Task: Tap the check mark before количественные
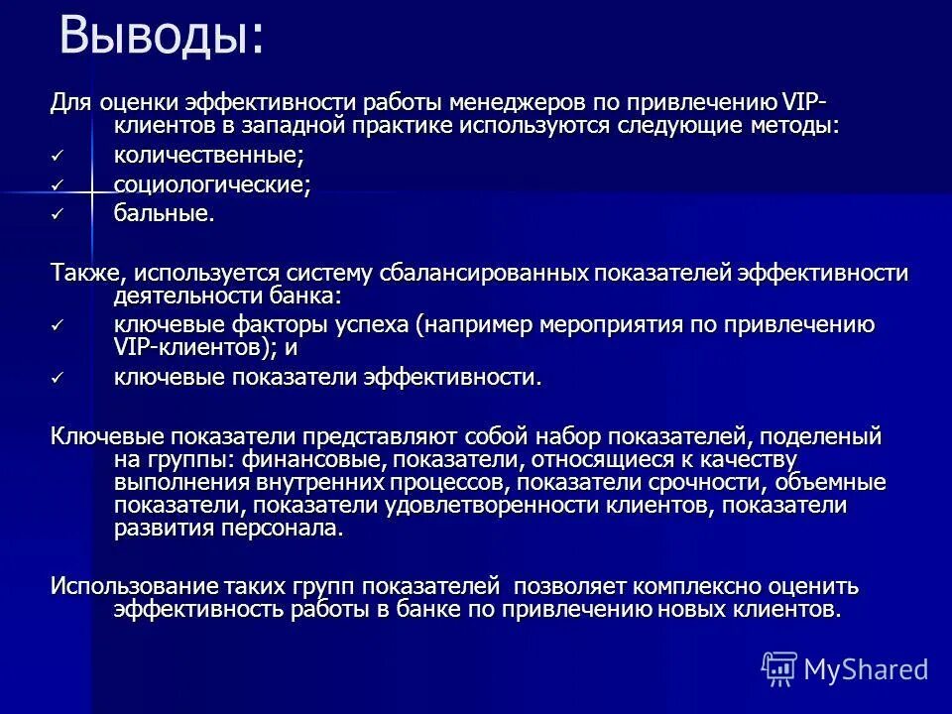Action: (58, 157)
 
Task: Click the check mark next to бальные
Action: (58, 215)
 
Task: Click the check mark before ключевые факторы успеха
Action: (58, 326)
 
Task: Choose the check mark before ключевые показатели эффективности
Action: (58, 378)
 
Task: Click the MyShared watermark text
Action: (867, 668)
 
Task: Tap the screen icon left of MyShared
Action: (779, 668)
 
